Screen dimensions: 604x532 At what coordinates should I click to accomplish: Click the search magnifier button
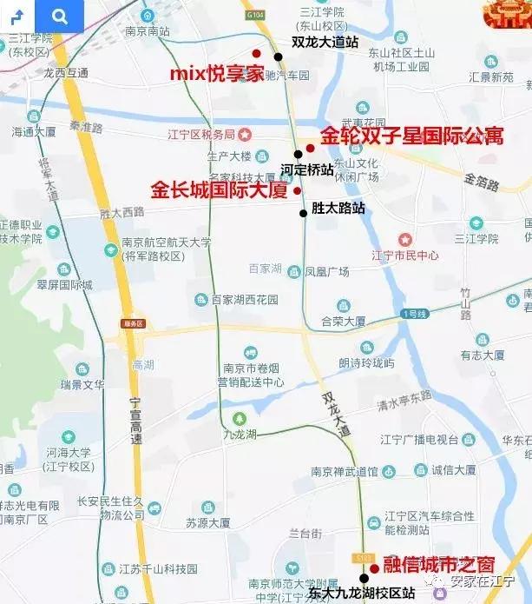59,16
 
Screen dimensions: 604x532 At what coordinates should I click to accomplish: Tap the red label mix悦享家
215,73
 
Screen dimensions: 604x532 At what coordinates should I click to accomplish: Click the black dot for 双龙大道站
279,56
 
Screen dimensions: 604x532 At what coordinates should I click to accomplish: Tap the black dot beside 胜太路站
303,213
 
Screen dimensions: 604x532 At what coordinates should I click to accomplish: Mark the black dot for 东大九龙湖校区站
364,578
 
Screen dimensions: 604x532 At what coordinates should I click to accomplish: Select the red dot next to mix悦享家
256,54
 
